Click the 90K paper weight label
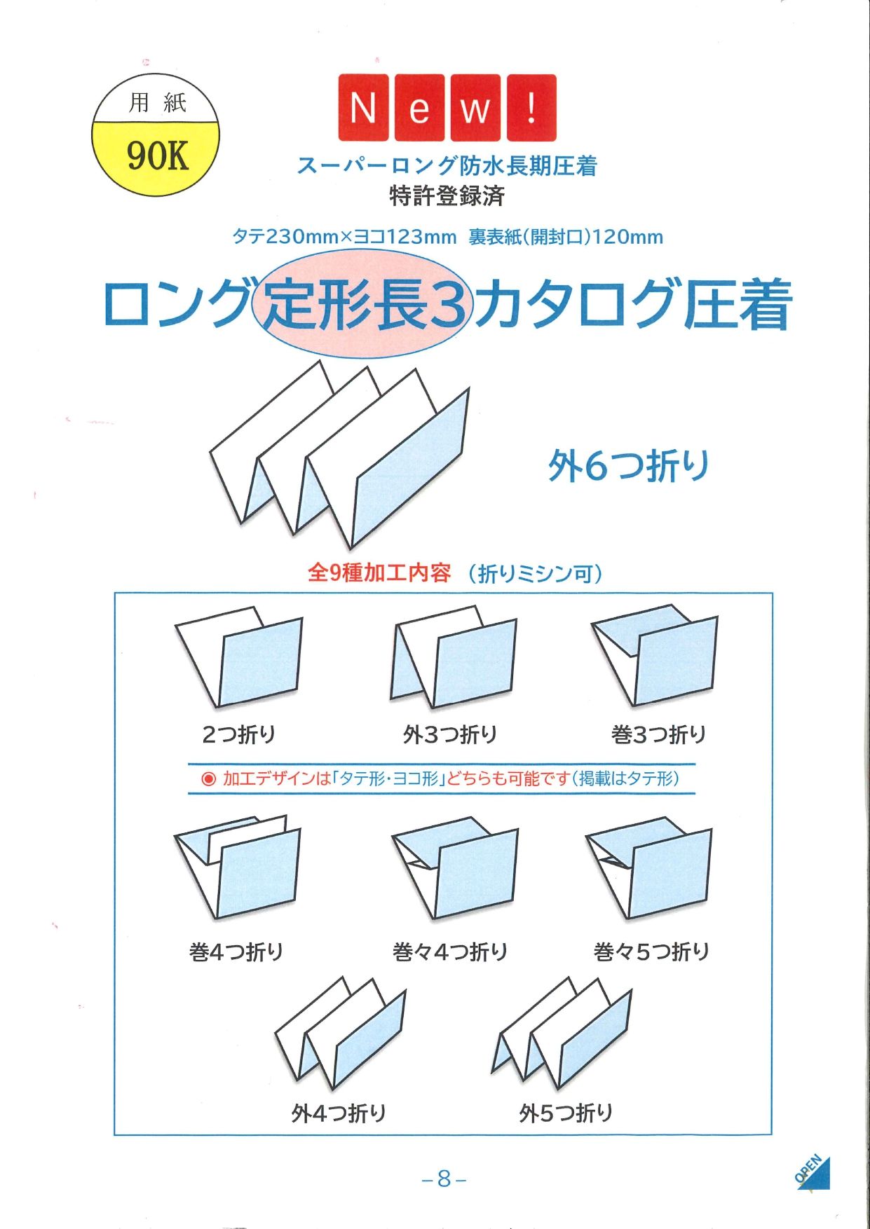click(x=158, y=155)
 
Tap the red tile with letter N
click(x=363, y=108)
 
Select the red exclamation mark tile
click(x=531, y=108)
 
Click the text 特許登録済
click(x=447, y=196)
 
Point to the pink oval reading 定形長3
click(x=363, y=303)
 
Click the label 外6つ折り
click(x=629, y=466)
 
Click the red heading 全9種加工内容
click(x=379, y=573)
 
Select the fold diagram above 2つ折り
click(x=239, y=657)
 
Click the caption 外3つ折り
click(x=450, y=734)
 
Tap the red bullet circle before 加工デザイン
click(x=208, y=778)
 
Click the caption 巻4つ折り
click(x=236, y=952)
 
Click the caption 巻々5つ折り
click(x=652, y=952)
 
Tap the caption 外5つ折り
click(x=566, y=1112)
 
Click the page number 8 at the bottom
click(x=444, y=1179)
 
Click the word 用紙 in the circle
click(x=157, y=103)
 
